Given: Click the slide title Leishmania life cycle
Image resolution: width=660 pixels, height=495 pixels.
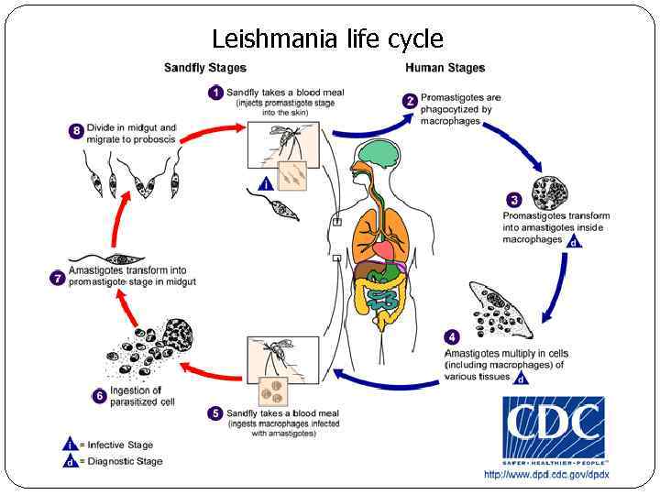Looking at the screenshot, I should click(327, 39).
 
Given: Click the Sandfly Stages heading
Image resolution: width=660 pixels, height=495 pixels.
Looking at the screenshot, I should click(204, 67).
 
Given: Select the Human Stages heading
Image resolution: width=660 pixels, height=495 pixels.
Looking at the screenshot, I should click(445, 67).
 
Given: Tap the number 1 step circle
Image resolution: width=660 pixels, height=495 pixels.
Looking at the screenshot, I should click(215, 93).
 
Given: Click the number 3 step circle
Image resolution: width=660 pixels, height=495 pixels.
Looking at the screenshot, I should click(514, 199).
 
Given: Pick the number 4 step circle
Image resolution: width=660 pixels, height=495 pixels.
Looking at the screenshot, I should click(452, 336).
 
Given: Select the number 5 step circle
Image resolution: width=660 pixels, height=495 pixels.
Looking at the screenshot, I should click(215, 413).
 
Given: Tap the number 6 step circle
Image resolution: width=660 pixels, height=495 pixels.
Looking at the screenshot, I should click(99, 396).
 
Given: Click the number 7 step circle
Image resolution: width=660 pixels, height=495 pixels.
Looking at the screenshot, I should click(58, 276).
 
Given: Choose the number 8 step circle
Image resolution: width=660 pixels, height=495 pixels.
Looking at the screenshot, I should click(77, 131).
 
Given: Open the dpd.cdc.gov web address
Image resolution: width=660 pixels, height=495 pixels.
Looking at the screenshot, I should click(546, 474).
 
